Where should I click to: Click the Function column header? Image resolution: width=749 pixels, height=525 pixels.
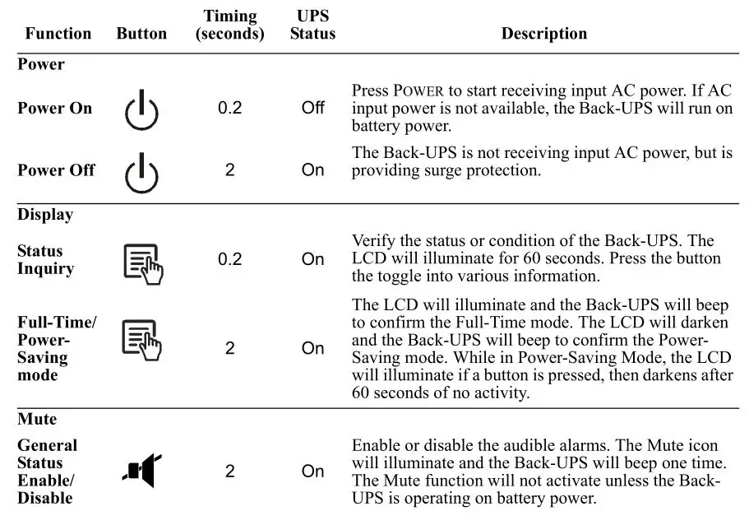pyautogui.click(x=58, y=34)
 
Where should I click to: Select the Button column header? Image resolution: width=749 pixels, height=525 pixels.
pyautogui.click(x=141, y=34)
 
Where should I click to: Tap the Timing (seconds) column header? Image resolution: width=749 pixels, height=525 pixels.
pyautogui.click(x=230, y=26)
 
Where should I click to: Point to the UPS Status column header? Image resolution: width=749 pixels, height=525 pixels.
pyautogui.click(x=312, y=26)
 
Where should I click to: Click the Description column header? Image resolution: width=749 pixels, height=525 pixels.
pyautogui.click(x=544, y=34)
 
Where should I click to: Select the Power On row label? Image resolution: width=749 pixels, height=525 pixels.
pyautogui.click(x=55, y=109)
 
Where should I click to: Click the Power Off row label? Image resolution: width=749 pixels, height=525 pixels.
pyautogui.click(x=56, y=170)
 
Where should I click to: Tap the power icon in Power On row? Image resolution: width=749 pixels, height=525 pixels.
pyautogui.click(x=141, y=110)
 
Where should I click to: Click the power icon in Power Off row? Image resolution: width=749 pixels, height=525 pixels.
pyautogui.click(x=141, y=171)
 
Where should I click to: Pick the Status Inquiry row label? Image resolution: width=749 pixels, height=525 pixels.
pyautogui.click(x=46, y=260)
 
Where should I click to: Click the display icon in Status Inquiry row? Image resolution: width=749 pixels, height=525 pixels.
pyautogui.click(x=142, y=262)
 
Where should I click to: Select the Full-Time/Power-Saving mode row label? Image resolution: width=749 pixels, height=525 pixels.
pyautogui.click(x=56, y=349)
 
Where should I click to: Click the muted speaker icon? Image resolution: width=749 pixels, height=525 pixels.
pyautogui.click(x=141, y=471)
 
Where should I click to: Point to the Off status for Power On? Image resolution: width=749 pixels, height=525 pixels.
pyautogui.click(x=312, y=109)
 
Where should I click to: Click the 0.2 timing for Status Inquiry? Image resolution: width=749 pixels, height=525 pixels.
pyautogui.click(x=230, y=260)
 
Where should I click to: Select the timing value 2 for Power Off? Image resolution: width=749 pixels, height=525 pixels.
pyautogui.click(x=230, y=170)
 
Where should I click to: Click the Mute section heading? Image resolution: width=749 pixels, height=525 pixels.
pyautogui.click(x=37, y=419)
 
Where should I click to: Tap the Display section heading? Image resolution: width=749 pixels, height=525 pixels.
pyautogui.click(x=45, y=215)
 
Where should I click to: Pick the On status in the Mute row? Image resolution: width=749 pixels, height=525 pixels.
pyautogui.click(x=312, y=472)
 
